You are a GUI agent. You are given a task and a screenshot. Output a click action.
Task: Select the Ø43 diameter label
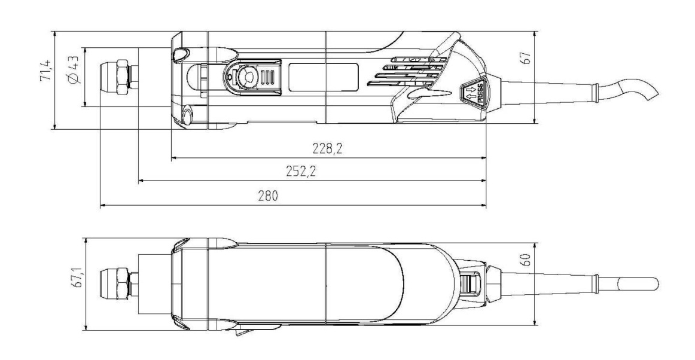click(74, 69)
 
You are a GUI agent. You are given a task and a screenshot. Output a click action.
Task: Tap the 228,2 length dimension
click(328, 148)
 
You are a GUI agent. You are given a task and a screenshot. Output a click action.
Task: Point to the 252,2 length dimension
click(301, 171)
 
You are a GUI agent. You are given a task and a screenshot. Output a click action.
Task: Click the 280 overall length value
click(268, 196)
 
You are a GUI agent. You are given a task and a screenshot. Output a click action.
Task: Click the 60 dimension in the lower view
click(527, 260)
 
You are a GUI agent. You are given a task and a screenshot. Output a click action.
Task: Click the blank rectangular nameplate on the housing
click(324, 77)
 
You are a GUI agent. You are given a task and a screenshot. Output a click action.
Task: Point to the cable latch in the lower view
click(471, 284)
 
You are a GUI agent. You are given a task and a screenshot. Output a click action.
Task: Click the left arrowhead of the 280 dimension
click(103, 205)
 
